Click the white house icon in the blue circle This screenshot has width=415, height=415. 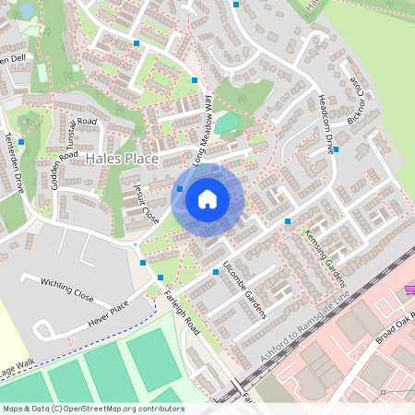tap(207, 199)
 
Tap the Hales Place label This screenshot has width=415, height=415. tap(122, 159)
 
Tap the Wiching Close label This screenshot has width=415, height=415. tap(66, 290)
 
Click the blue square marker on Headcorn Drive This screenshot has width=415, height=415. tap(336, 149)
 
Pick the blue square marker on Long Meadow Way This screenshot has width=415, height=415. tap(194, 80)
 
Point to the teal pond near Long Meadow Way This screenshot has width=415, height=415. tap(226, 122)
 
